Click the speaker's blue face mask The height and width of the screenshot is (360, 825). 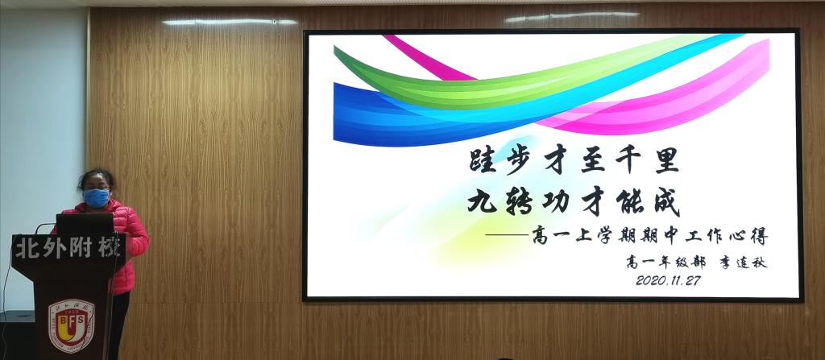pos(97,198)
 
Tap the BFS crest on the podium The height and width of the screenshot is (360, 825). pos(72,326)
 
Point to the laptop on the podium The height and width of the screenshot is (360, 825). pos(85,224)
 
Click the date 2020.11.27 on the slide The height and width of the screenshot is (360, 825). pos(668,280)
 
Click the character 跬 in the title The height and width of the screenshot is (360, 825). pos(483,160)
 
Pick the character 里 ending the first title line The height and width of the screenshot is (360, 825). pos(666,160)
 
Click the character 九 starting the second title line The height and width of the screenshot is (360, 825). pos(482,201)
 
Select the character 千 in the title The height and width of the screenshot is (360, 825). pos(629,160)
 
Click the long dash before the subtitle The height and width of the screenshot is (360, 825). pos(507,234)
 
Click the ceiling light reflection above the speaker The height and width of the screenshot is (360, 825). pos(230,22)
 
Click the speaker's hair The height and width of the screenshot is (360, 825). pos(97,177)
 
